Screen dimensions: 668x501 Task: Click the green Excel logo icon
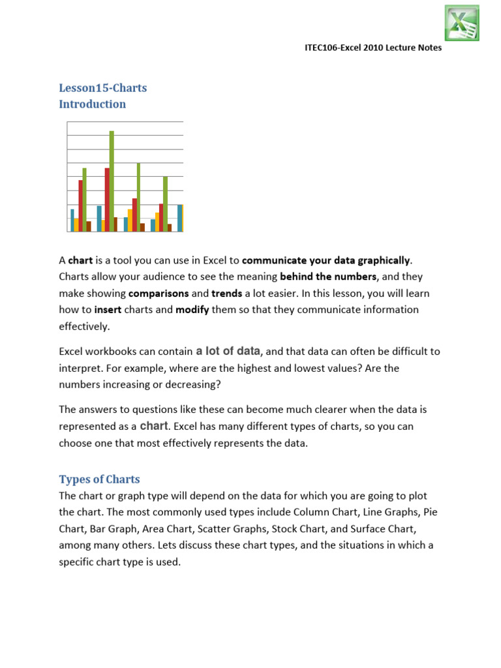point(462,23)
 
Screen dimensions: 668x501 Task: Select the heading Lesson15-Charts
point(102,87)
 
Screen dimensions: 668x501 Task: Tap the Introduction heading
point(92,104)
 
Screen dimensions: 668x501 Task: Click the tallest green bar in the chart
point(112,181)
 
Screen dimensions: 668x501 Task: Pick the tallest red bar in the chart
point(107,199)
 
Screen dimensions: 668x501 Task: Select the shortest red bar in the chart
point(134,215)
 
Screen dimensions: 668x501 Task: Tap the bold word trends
point(226,293)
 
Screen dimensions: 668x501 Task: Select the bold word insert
point(108,309)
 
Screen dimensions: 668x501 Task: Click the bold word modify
point(192,309)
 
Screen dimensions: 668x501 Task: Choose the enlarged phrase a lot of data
point(228,350)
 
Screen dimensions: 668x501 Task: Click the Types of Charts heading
point(99,479)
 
